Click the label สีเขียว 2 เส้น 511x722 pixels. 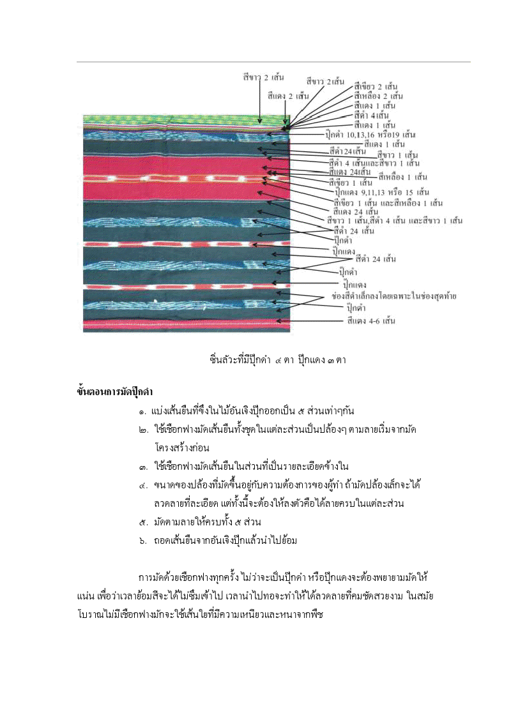point(376,86)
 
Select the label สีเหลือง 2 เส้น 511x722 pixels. point(378,96)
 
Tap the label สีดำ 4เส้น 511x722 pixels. point(371,115)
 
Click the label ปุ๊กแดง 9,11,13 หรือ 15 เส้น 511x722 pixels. point(382,192)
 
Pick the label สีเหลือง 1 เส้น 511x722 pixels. point(402,176)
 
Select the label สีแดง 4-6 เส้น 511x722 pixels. point(371,320)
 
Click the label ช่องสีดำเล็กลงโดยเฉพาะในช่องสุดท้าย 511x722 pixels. point(394,296)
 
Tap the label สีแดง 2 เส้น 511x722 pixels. point(288,96)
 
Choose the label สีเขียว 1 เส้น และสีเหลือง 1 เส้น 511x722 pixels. point(388,202)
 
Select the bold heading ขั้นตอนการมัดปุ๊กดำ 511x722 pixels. point(115,392)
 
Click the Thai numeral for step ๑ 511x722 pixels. point(142,411)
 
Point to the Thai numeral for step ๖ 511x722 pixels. point(143,541)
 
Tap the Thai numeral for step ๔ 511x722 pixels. point(143,485)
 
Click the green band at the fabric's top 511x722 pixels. point(185,119)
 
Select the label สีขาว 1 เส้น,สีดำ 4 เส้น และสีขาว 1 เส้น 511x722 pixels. point(394,221)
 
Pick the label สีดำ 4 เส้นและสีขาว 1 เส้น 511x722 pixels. point(374,163)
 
